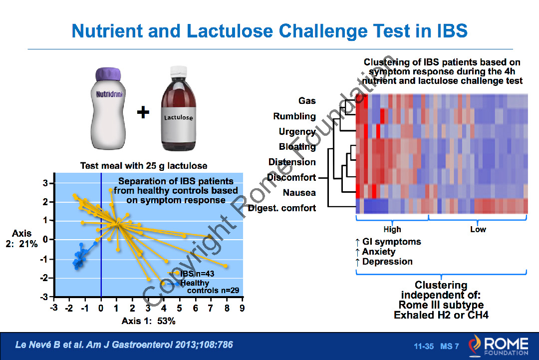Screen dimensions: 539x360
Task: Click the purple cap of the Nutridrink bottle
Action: pos(108,74)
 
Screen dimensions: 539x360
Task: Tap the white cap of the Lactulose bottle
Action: pos(178,71)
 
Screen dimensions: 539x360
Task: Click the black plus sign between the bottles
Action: pos(143,112)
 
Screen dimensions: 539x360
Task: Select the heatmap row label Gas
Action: pos(307,101)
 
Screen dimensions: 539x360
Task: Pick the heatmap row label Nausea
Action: pos(299,193)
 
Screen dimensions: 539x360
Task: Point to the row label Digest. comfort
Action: pos(282,208)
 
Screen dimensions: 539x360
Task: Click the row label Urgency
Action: pos(297,132)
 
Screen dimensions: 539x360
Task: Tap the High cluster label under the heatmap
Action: pos(392,229)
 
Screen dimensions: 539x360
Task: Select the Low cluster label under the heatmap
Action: pos(478,229)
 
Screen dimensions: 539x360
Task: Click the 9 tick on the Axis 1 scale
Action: pos(242,308)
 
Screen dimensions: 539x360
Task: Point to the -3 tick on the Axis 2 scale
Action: pos(45,297)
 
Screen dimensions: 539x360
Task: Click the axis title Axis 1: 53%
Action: pos(149,321)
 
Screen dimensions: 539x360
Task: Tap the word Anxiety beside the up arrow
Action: pos(378,252)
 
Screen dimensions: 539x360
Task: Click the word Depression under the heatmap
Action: pos(387,262)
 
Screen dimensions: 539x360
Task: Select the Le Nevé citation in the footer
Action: pos(124,345)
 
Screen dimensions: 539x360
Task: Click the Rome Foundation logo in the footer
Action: pos(498,346)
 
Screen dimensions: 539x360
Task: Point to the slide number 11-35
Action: pos(424,346)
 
